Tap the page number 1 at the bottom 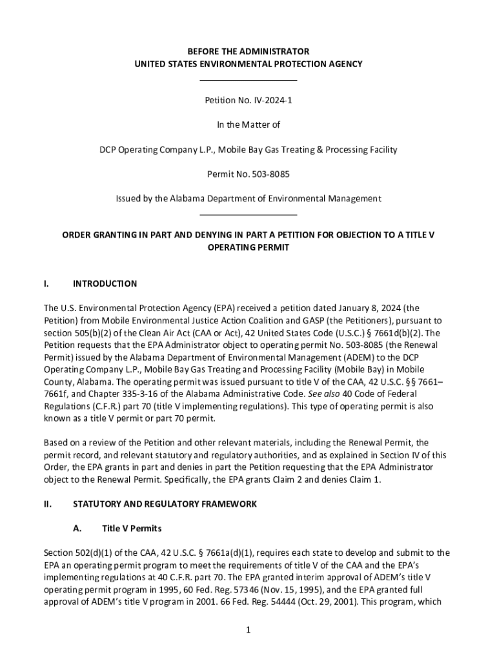click(248, 630)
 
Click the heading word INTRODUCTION click(105, 283)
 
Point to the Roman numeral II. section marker click(48, 503)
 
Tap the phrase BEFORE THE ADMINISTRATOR click(249, 51)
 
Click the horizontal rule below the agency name click(249, 80)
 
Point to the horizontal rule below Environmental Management click(249, 214)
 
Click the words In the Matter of click(249, 125)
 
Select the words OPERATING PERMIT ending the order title click(249, 247)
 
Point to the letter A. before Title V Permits click(77, 528)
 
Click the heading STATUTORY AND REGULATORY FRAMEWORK click(165, 503)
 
